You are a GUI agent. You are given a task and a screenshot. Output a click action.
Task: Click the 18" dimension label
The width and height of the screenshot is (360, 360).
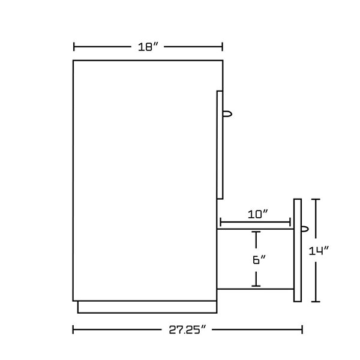tap(148, 47)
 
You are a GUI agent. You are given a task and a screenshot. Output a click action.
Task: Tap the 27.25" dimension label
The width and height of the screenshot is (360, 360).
tap(187, 330)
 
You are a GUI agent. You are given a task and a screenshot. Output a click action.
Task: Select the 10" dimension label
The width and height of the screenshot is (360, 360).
tap(257, 214)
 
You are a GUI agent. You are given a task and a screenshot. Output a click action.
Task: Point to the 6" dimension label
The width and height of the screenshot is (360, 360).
tap(259, 260)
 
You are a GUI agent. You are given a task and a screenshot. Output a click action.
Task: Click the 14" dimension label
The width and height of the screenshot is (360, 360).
tap(319, 251)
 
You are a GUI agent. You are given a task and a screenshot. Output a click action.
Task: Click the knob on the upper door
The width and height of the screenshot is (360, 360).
tap(227, 114)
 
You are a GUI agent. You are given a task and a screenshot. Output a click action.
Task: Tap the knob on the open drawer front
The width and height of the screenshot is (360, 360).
tap(305, 229)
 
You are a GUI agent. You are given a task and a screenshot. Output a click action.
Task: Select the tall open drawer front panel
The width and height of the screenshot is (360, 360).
tap(298, 250)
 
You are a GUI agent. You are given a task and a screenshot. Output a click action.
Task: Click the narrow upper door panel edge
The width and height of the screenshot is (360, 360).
tap(220, 145)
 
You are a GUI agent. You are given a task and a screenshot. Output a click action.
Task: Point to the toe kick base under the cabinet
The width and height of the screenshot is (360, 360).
tap(147, 307)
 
